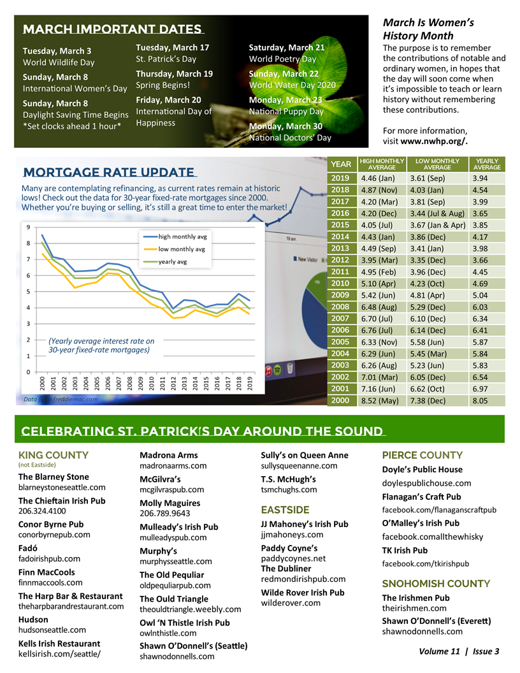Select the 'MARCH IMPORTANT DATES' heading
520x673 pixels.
pyautogui.click(x=112, y=30)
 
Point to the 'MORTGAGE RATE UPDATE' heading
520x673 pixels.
pyautogui.click(x=108, y=172)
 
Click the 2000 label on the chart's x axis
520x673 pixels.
pyautogui.click(x=42, y=383)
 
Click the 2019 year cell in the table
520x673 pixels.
pyautogui.click(x=340, y=178)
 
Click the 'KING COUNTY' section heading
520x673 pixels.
pyautogui.click(x=54, y=455)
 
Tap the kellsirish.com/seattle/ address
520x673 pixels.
pyautogui.click(x=60, y=654)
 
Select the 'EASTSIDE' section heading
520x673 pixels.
pyautogui.click(x=285, y=510)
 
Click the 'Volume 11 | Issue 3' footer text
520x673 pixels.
pyautogui.click(x=459, y=651)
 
